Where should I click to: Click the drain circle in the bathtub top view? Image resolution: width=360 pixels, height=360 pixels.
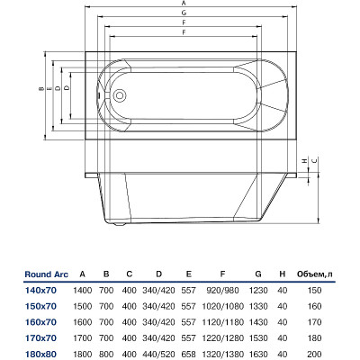pos(120,95)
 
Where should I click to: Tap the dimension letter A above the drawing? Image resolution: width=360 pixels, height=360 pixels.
pos(184,4)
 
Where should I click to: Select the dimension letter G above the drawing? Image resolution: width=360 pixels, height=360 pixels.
pos(184,13)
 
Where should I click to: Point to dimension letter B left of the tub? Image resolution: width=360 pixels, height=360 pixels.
pos(40,89)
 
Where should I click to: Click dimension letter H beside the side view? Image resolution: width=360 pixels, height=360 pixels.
pos(305,161)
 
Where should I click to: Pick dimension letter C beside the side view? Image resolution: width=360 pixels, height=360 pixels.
pos(314,161)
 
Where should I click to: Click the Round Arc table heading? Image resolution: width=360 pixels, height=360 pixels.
pos(47,274)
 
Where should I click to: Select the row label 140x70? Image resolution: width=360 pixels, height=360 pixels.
pos(40,291)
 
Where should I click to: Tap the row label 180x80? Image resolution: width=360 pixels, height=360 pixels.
pos(40,355)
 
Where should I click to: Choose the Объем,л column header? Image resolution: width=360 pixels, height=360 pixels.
pos(315,274)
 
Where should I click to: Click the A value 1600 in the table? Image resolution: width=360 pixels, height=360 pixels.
pos(83,322)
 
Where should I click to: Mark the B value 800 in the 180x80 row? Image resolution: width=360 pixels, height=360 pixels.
pos(106,355)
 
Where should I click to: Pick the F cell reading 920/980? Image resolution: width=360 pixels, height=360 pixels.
pos(222,291)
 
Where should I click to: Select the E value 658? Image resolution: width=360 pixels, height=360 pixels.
pos(188,355)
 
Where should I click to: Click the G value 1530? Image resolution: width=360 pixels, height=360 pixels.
pos(258,338)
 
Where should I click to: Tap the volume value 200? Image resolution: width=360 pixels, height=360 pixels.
pos(314,355)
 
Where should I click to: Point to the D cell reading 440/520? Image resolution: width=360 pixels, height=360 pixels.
pos(158,355)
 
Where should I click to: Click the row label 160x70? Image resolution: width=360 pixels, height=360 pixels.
pos(40,322)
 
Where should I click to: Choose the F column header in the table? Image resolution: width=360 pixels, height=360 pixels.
pos(222,274)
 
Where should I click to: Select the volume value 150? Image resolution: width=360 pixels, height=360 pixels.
pos(314,291)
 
